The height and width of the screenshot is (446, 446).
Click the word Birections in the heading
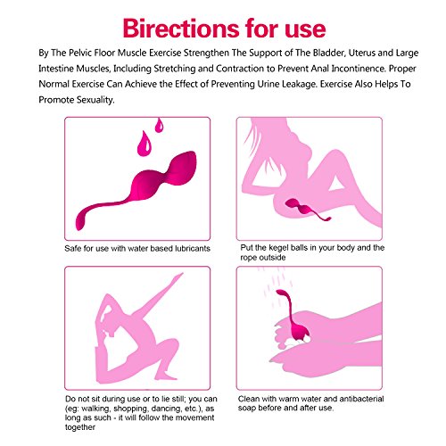click(x=182, y=29)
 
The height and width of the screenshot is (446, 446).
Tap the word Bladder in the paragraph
click(x=329, y=53)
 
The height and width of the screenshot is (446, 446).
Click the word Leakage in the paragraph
click(x=298, y=84)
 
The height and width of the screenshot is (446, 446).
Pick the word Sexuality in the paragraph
click(x=95, y=100)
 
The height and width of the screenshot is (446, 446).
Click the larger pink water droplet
click(x=145, y=144)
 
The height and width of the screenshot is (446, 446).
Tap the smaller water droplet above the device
click(x=160, y=125)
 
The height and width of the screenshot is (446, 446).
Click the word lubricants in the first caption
click(x=193, y=248)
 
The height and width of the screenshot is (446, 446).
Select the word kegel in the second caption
click(x=277, y=248)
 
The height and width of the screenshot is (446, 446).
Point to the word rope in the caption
click(x=248, y=258)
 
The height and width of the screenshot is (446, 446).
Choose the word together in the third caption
click(x=80, y=427)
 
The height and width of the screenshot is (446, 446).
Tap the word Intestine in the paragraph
click(x=56, y=69)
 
